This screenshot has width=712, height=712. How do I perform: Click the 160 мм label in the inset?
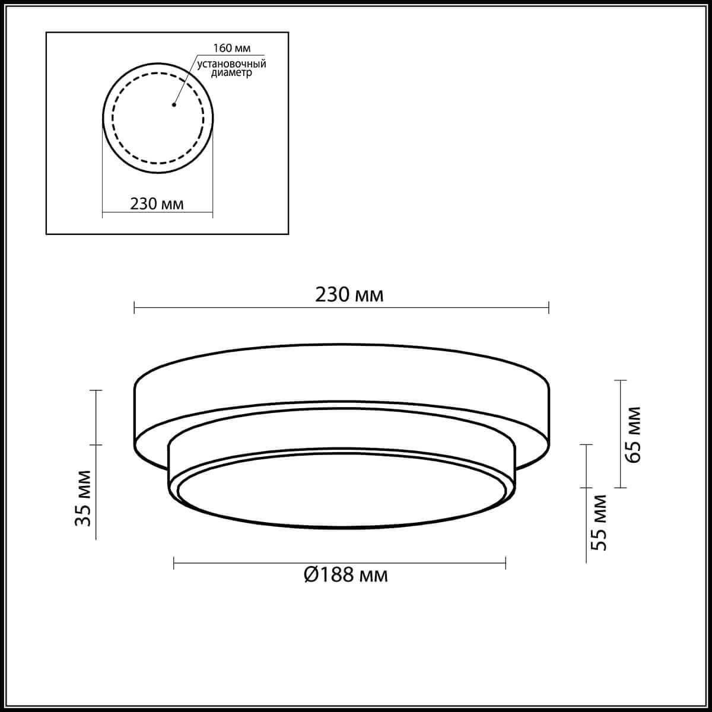228,48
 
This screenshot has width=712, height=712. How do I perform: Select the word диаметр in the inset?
231,73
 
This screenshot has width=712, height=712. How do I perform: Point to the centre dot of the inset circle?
174,106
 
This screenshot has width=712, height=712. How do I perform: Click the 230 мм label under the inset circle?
157,204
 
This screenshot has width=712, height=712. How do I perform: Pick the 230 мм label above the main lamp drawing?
350,295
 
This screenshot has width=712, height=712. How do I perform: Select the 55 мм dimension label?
600,522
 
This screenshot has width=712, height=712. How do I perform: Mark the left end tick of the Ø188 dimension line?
174,562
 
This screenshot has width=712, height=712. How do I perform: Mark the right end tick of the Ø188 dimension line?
506,562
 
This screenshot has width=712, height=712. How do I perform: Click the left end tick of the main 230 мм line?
135,307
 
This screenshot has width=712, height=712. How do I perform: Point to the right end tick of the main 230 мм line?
549,307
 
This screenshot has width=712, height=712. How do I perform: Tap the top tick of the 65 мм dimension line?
620,380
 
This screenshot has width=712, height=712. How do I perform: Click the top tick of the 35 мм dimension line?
96,390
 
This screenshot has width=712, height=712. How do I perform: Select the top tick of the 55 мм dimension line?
586,444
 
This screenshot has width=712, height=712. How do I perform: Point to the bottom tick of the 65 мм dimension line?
620,488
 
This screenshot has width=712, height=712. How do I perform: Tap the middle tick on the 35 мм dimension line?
96,445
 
